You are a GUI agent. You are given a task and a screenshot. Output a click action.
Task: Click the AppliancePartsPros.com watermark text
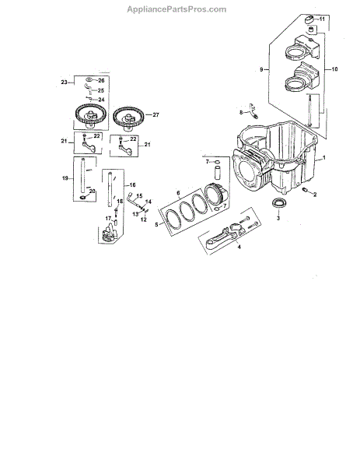pyautogui.click(x=177, y=9)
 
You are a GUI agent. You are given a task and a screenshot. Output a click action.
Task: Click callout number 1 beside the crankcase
pyautogui.click(x=324, y=157)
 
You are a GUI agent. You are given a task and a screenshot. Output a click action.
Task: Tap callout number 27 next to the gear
pyautogui.click(x=156, y=114)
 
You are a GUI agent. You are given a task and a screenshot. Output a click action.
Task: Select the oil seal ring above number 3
pyautogui.click(x=279, y=203)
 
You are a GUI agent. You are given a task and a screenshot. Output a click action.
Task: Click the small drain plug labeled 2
pyautogui.click(x=305, y=190)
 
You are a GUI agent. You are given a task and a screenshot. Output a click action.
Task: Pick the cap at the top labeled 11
pyautogui.click(x=309, y=19)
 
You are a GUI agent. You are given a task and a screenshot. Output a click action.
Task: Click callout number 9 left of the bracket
pyautogui.click(x=261, y=70)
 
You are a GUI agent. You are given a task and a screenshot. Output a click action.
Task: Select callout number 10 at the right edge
pyautogui.click(x=334, y=69)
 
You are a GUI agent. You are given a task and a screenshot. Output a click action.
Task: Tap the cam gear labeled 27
pyautogui.click(x=128, y=118)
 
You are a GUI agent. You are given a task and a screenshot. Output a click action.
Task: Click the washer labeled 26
pyautogui.click(x=89, y=80)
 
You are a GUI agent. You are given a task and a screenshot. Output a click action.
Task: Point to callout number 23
pyautogui.click(x=65, y=83)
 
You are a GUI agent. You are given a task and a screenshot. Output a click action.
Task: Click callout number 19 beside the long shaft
pyautogui.click(x=65, y=178)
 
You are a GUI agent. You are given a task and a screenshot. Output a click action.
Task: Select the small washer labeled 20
pyautogui.click(x=82, y=198)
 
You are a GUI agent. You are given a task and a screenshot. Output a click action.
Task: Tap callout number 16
pyautogui.click(x=132, y=185)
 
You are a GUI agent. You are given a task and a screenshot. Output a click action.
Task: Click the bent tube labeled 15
pyautogui.click(x=133, y=201)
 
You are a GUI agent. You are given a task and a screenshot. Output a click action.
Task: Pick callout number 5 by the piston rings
pyautogui.click(x=156, y=224)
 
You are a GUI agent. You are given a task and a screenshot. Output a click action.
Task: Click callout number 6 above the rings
pyautogui.click(x=178, y=193)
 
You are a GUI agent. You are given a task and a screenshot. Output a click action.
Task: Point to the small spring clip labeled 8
pyautogui.click(x=253, y=111)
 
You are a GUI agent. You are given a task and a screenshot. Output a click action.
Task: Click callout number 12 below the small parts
pyautogui.click(x=144, y=219)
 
